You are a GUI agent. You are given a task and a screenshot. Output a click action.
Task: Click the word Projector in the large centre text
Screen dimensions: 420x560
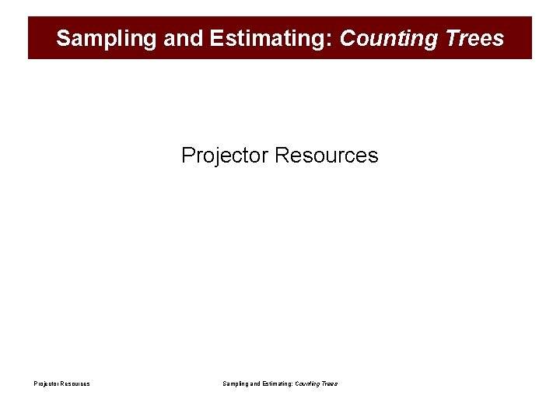pos(225,156)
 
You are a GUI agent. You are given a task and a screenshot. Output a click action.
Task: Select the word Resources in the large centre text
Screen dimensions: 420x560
pos(327,156)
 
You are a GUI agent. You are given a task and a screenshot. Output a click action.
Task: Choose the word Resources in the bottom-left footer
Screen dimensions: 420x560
pos(76,383)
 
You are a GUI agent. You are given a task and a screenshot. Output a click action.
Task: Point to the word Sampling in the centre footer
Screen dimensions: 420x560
pos(236,383)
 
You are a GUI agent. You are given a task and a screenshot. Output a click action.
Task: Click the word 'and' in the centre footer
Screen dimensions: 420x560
pos(257,383)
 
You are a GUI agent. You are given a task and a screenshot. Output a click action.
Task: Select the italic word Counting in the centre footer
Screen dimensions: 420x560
pos(307,383)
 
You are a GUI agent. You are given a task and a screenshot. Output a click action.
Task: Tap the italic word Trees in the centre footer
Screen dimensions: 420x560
pos(330,383)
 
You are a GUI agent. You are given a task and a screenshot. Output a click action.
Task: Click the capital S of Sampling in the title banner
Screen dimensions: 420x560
pos(63,38)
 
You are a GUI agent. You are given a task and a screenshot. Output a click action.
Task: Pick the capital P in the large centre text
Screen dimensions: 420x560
pos(187,156)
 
